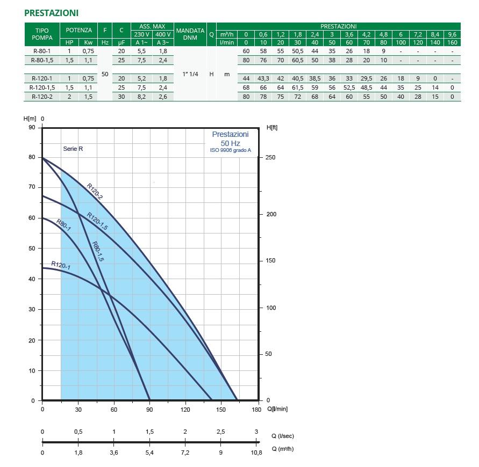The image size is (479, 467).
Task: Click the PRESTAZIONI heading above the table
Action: click(x=51, y=12)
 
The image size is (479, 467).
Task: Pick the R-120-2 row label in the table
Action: click(x=42, y=97)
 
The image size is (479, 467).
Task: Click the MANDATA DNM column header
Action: click(x=190, y=34)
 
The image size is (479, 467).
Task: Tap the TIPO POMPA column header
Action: click(x=42, y=34)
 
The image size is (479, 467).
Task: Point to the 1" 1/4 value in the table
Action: click(x=190, y=74)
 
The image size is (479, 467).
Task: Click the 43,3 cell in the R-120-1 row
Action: click(x=263, y=78)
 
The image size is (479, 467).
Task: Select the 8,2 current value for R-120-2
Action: click(x=141, y=97)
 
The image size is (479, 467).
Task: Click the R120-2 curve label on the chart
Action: click(x=95, y=191)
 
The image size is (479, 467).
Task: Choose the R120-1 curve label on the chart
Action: click(x=61, y=265)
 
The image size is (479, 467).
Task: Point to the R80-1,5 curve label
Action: click(x=97, y=251)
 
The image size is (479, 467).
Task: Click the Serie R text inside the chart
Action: click(x=73, y=149)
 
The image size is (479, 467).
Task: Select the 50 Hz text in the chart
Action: click(x=230, y=143)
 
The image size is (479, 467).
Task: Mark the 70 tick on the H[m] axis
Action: click(x=31, y=187)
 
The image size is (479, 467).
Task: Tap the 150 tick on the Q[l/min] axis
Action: click(x=221, y=410)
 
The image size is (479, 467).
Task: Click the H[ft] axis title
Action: click(x=272, y=128)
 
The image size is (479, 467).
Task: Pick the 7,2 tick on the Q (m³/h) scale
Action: click(x=185, y=453)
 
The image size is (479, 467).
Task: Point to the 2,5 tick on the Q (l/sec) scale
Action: click(x=220, y=432)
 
